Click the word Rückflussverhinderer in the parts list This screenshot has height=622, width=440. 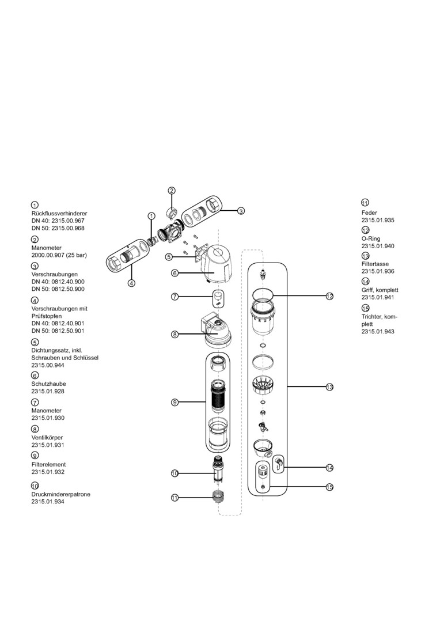pyautogui.click(x=59, y=213)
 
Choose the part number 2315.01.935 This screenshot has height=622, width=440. pyautogui.click(x=378, y=221)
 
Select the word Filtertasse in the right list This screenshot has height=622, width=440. pyautogui.click(x=375, y=264)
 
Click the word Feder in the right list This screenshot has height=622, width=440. pyautogui.click(x=369, y=213)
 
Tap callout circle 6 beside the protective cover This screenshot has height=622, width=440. pyautogui.click(x=175, y=273)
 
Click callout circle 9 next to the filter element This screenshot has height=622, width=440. pyautogui.click(x=175, y=403)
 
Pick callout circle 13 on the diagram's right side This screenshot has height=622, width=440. pyautogui.click(x=329, y=387)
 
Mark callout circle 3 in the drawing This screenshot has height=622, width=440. pyautogui.click(x=241, y=211)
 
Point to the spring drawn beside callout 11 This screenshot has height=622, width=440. pyautogui.click(x=219, y=496)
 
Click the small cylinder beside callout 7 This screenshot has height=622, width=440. pyautogui.click(x=218, y=297)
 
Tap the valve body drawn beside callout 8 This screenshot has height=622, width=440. pyautogui.click(x=217, y=331)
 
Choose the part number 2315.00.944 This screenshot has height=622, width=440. pyautogui.click(x=48, y=365)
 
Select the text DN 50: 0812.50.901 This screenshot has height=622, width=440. pyautogui.click(x=58, y=331)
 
